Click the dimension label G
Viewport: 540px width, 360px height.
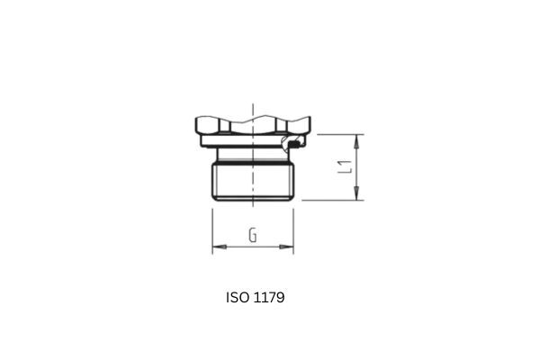254,237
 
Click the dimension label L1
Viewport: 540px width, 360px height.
343,166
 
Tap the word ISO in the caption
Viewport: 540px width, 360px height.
238,296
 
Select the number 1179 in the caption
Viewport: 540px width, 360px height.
269,296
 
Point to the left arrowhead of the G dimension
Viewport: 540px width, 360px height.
217,246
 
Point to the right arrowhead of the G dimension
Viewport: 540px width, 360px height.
290,246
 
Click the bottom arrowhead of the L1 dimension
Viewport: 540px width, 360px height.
358,195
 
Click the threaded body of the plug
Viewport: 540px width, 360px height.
253,180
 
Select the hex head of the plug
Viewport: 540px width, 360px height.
253,127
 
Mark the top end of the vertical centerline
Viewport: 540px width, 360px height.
253,101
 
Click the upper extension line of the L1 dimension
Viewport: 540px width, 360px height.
337,134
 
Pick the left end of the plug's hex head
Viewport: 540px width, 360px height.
195,127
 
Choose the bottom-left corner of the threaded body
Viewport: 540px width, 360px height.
213,199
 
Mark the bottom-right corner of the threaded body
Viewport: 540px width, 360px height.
293,199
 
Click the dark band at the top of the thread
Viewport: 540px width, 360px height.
253,162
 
